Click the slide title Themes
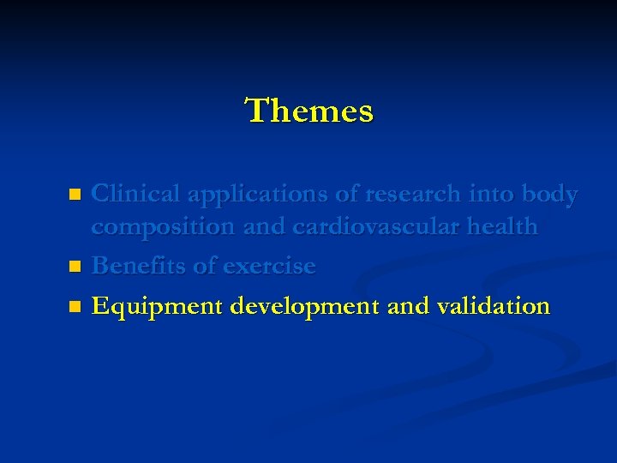pos(309,111)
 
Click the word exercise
pos(269,266)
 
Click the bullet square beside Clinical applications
pos(75,195)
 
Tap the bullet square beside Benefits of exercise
pos(75,267)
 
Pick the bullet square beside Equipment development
pos(75,306)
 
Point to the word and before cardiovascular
pos(265,227)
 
